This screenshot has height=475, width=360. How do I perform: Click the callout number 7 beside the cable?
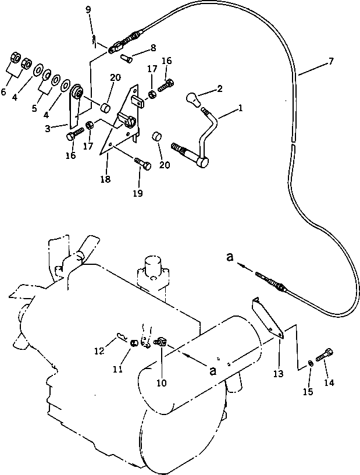(332, 60)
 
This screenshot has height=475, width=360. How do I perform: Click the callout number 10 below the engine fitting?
(162, 382)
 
